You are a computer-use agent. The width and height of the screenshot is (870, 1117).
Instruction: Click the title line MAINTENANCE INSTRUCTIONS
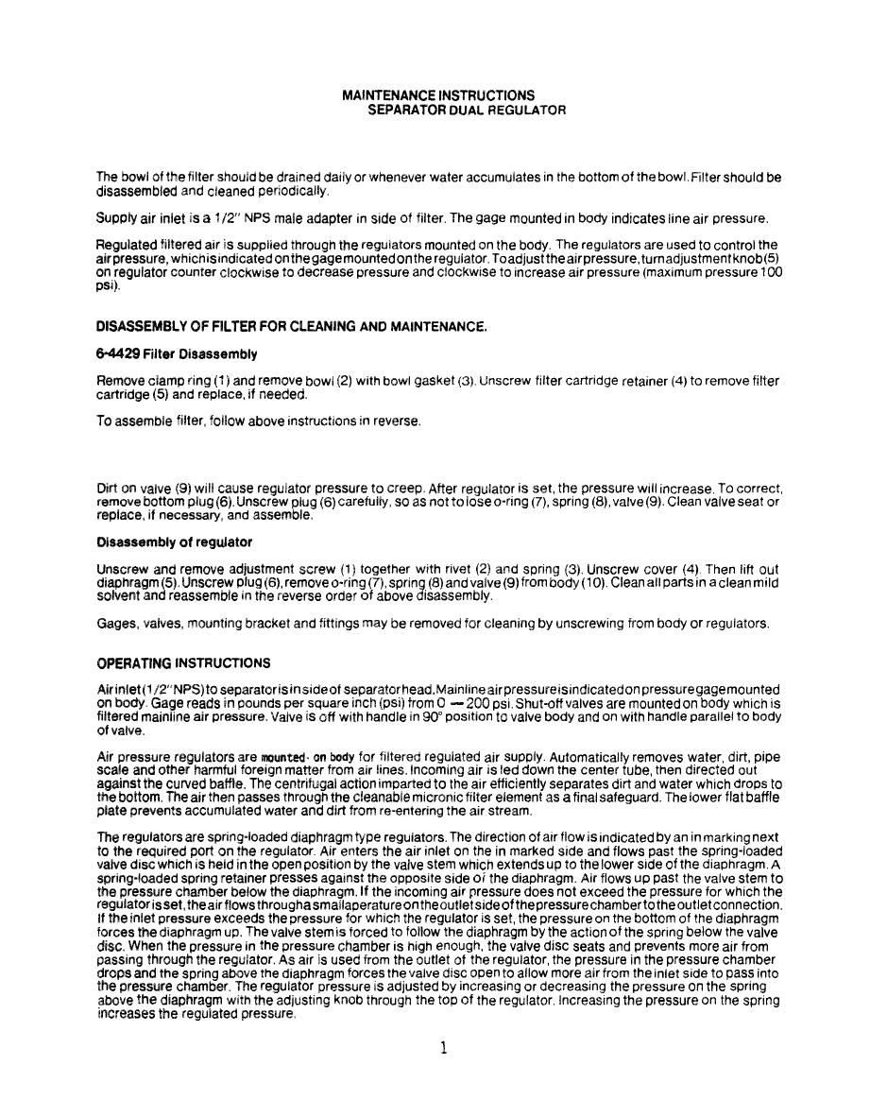(437, 95)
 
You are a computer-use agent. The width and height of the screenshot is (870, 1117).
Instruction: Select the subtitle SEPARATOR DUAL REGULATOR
(467, 111)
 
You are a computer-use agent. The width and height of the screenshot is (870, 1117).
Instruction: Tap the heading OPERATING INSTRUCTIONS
(183, 662)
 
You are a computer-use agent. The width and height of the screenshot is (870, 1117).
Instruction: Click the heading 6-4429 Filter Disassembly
(177, 354)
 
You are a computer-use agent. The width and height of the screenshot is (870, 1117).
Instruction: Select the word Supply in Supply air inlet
(116, 218)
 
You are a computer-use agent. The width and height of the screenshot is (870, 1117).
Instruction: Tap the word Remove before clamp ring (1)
(121, 381)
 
